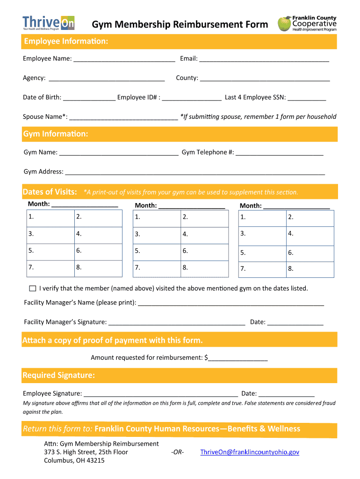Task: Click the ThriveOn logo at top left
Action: [49, 22]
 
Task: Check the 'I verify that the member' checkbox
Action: [32, 288]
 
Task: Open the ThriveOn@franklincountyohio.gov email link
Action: [250, 452]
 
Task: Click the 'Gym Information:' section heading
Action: [56, 134]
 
